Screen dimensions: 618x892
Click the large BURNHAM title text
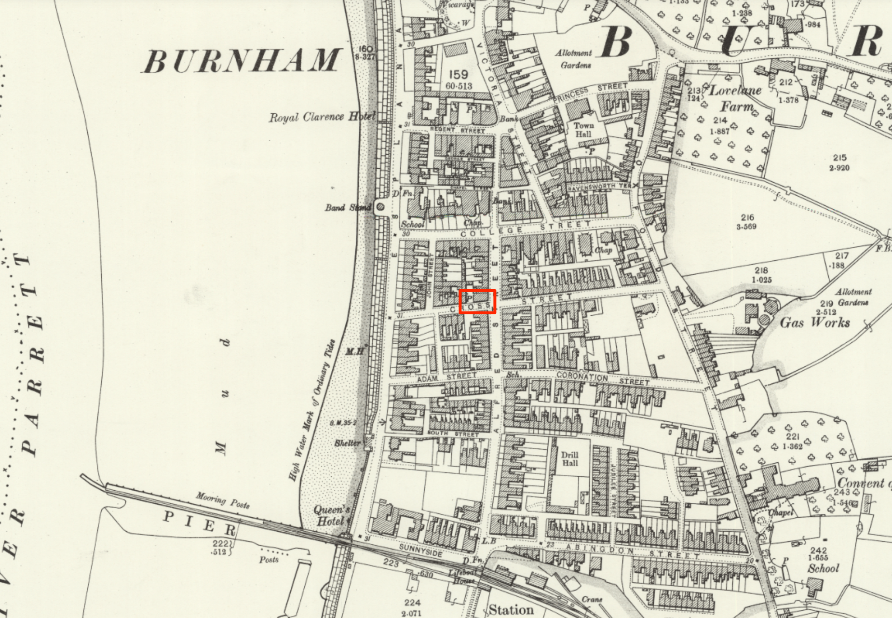tap(242, 61)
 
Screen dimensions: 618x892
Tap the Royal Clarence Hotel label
tap(322, 117)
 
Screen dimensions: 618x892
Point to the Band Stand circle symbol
tap(380, 207)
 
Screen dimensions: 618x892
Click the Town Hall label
tap(583, 130)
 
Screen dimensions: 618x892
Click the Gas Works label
tap(814, 322)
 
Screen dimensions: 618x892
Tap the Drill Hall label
tap(569, 459)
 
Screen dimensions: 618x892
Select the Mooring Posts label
tap(222, 500)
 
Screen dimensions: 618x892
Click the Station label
tap(511, 610)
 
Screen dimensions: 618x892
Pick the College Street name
tap(526, 228)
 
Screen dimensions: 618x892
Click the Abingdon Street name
tap(632, 551)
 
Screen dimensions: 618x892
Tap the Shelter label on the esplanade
tap(347, 443)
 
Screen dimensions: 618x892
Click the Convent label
tap(861, 483)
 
